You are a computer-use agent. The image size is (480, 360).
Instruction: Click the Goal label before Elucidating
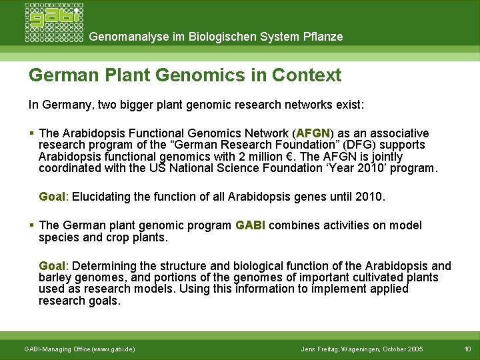tap(52, 197)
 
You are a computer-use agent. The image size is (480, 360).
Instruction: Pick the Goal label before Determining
tap(52, 266)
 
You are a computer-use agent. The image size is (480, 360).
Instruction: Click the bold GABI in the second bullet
tap(250, 225)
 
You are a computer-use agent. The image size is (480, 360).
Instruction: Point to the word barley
tap(55, 277)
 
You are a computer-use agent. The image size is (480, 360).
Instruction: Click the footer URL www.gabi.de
tap(113, 349)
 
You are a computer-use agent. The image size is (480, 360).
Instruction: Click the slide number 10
tap(467, 349)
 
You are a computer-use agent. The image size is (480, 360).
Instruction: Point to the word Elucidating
tap(102, 197)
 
